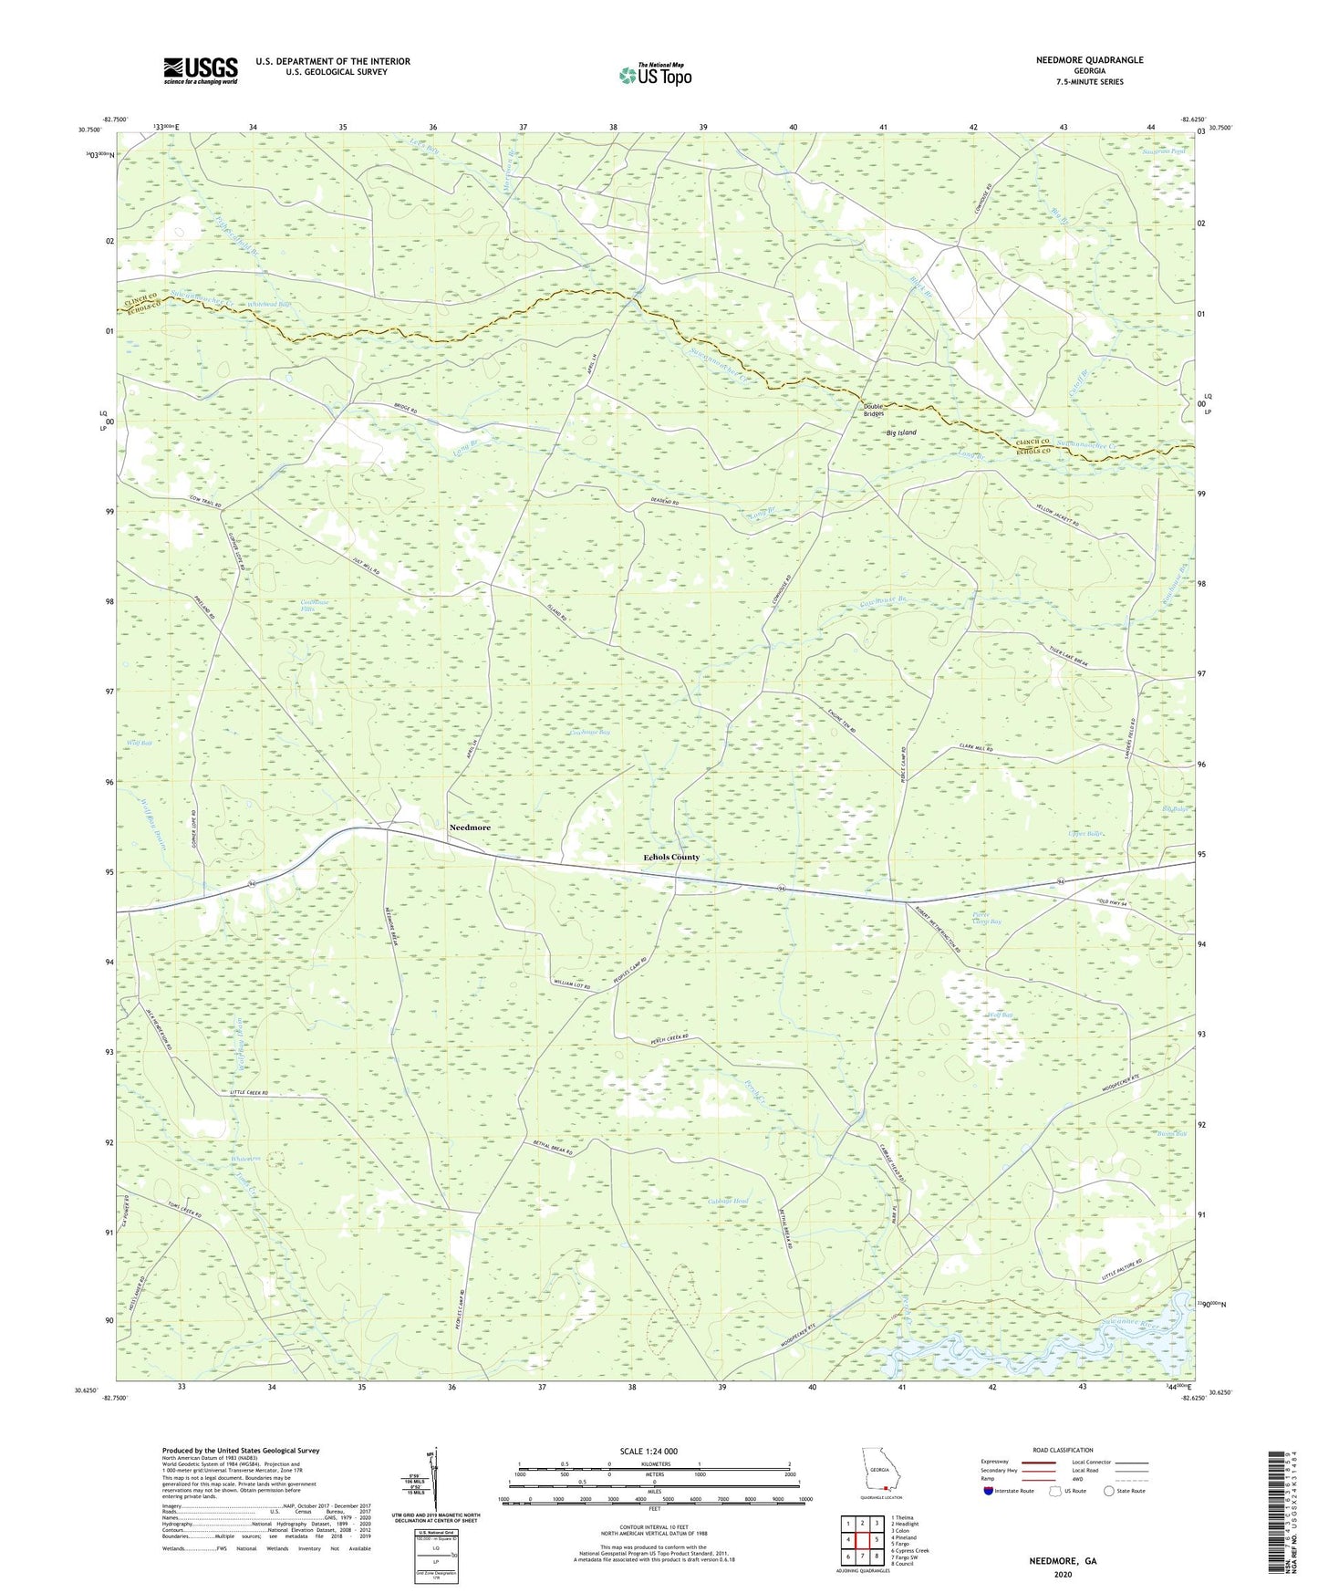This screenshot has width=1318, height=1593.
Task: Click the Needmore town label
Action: coord(470,828)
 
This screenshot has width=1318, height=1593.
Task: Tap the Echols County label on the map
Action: coord(671,858)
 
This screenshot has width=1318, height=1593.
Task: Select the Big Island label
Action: coord(901,432)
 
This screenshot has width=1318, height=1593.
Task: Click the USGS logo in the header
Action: coord(201,70)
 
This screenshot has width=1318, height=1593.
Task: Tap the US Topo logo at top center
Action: coord(655,75)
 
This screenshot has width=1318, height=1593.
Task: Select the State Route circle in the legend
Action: coord(1108,1492)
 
